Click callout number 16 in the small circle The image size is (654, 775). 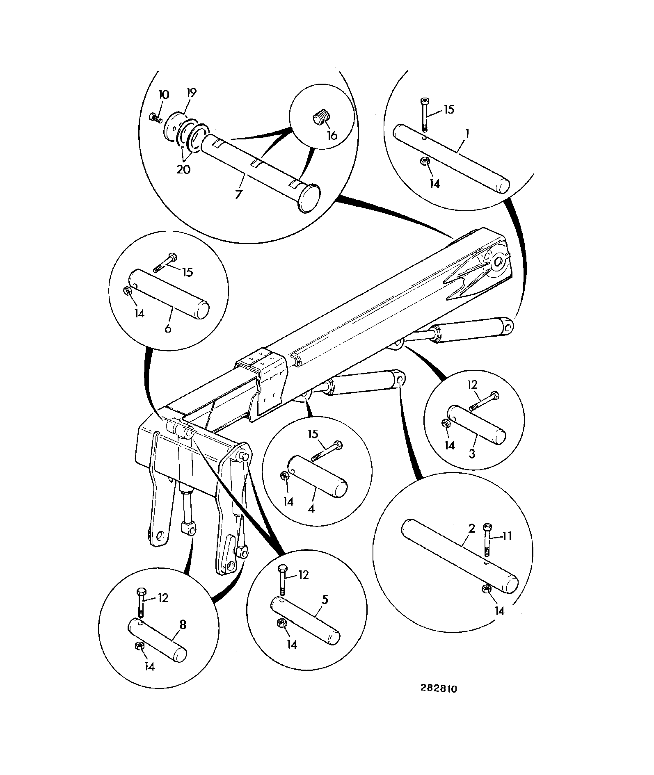[332, 135]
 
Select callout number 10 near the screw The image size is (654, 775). [163, 94]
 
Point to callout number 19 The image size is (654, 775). [191, 93]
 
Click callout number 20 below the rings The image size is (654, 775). [183, 169]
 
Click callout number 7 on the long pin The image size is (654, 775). [238, 194]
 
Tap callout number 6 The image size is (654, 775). [168, 328]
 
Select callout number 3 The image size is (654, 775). [472, 454]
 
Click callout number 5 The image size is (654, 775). [325, 599]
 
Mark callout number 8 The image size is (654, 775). [183, 625]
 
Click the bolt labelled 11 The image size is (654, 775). [487, 540]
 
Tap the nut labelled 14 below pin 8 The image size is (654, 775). [139, 647]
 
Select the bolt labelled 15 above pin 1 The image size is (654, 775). [425, 115]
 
